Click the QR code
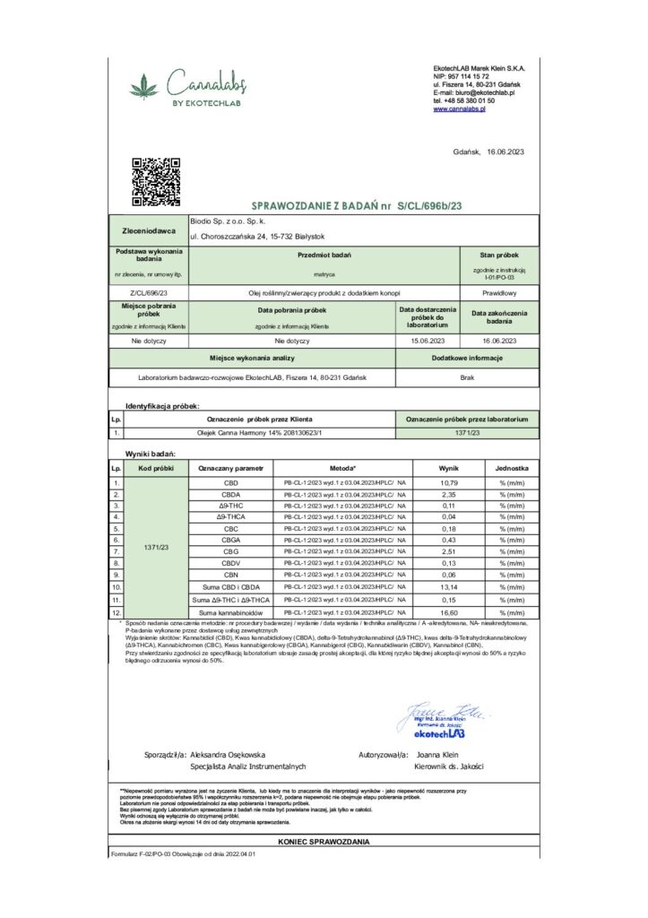pyautogui.click(x=156, y=180)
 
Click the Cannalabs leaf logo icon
pyautogui.click(x=143, y=88)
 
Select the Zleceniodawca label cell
pyautogui.click(x=148, y=229)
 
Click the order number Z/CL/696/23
pyautogui.click(x=148, y=292)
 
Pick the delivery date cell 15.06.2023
pyautogui.click(x=428, y=341)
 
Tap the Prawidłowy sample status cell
pyautogui.click(x=499, y=292)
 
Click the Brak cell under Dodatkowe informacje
pyautogui.click(x=467, y=377)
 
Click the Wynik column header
pyautogui.click(x=448, y=468)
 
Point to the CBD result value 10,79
pyautogui.click(x=448, y=482)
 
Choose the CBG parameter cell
pyautogui.click(x=230, y=551)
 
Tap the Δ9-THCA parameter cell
pyautogui.click(x=230, y=517)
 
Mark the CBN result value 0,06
pyautogui.click(x=448, y=575)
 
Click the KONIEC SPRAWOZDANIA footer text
pyautogui.click(x=324, y=842)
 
